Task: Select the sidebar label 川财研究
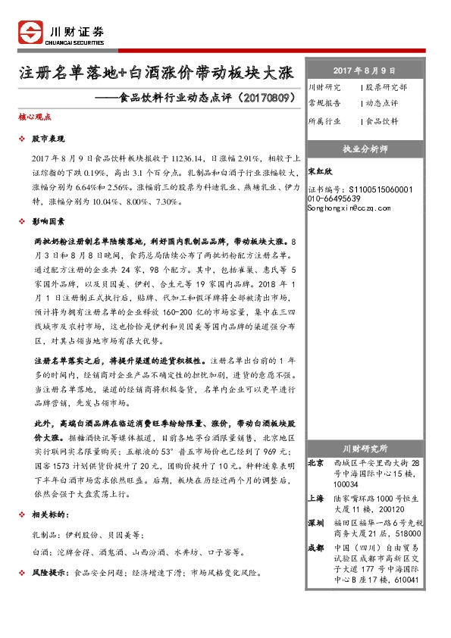[324, 87]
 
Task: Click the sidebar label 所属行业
[324, 120]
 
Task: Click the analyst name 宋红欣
[321, 171]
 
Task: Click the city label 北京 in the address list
[316, 462]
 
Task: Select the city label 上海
[316, 499]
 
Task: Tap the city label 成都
[316, 548]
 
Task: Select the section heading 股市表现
[48, 140]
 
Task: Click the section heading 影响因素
[48, 221]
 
